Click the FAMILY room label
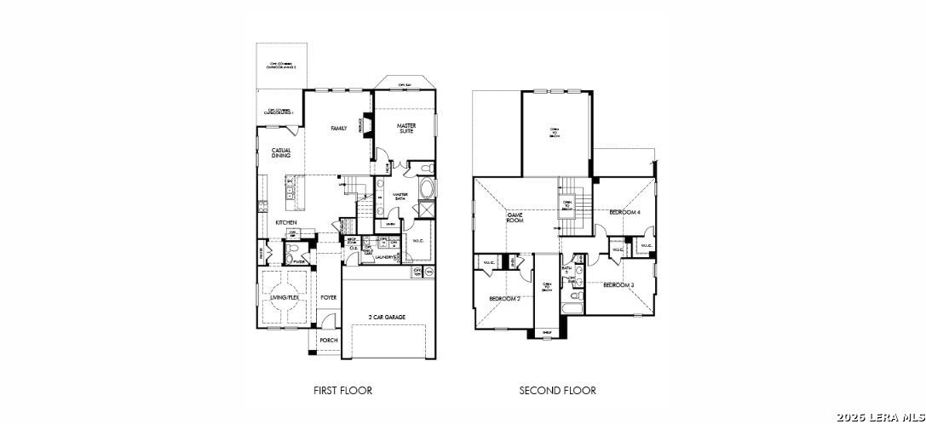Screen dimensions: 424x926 [338, 129]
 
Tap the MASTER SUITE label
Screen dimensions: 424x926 [406, 129]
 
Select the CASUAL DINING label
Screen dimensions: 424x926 [281, 153]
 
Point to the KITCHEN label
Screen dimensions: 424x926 [285, 222]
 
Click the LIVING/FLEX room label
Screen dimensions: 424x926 [285, 297]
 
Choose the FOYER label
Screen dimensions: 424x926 [328, 297]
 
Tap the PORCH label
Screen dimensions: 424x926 [328, 340]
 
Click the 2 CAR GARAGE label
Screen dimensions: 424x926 [386, 317]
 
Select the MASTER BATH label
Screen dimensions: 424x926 [401, 196]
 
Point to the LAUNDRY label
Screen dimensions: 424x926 [384, 256]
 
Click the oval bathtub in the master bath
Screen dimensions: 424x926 [426, 188]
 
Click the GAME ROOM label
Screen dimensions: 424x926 [515, 217]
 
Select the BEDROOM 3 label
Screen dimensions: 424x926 [618, 284]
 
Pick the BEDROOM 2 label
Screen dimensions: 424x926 [504, 298]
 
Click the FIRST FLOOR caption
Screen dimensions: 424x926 [342, 391]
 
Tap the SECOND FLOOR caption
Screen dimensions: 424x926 [557, 391]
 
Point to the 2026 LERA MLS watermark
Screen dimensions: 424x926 [880, 416]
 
